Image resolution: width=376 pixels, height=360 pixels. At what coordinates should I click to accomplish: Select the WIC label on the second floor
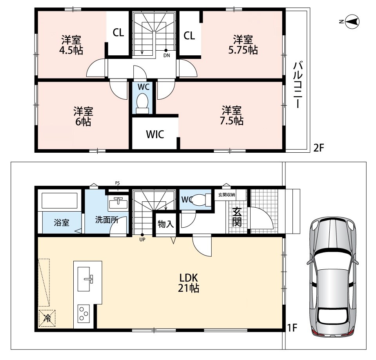click(x=155, y=134)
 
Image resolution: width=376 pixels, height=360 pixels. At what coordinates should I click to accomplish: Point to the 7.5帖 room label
click(x=232, y=115)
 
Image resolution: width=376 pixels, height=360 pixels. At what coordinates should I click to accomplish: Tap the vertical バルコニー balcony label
click(x=298, y=85)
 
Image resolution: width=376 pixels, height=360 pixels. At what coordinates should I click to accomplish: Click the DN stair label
click(x=167, y=55)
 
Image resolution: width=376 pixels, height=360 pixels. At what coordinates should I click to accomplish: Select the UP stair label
click(x=142, y=239)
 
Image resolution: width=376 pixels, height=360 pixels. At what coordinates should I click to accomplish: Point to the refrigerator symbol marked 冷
click(x=47, y=318)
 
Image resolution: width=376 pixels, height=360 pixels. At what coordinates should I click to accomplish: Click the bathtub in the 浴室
click(x=60, y=200)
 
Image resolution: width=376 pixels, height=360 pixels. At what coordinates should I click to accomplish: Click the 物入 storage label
click(x=165, y=224)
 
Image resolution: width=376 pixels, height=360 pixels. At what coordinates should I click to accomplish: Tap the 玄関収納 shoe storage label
click(x=226, y=195)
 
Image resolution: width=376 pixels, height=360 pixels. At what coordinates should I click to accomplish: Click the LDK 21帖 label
click(x=188, y=283)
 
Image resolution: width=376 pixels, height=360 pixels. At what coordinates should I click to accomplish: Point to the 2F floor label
click(x=319, y=148)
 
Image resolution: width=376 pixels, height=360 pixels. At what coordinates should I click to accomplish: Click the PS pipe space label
click(x=118, y=183)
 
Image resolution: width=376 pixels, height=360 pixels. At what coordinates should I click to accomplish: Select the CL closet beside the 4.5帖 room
click(x=118, y=33)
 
